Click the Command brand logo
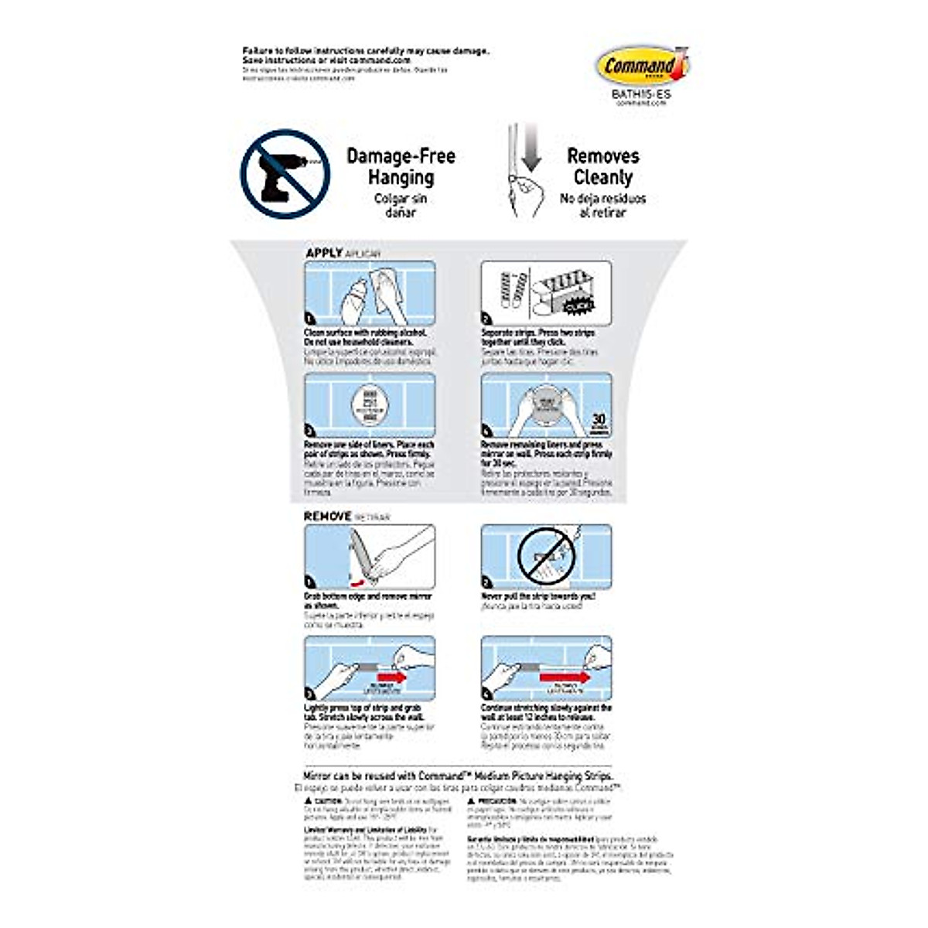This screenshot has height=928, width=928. click(x=641, y=67)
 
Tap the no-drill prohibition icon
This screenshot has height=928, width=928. click(x=285, y=174)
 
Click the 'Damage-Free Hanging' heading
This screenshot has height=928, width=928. click(x=401, y=166)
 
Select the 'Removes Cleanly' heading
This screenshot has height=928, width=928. click(x=602, y=166)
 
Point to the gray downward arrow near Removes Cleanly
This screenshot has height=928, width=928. click(x=531, y=150)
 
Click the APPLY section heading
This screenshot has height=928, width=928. click(x=324, y=253)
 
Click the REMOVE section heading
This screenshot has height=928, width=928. click(x=328, y=516)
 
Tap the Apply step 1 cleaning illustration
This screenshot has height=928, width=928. click(x=369, y=293)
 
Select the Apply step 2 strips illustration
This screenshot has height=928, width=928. click(x=546, y=293)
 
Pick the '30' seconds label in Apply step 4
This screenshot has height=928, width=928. click(x=598, y=419)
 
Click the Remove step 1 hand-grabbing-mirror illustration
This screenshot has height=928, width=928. click(x=369, y=557)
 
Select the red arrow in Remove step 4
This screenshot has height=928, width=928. click(x=565, y=678)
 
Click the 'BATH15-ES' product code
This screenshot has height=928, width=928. click(x=641, y=94)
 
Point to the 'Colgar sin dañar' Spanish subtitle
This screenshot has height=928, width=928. click(x=401, y=205)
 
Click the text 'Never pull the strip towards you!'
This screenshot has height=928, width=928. click(x=538, y=596)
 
